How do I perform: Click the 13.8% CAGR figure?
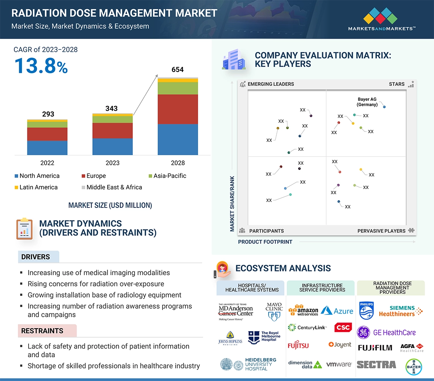pyautogui.click(x=41, y=66)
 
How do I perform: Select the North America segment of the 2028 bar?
pyautogui.click(x=178, y=139)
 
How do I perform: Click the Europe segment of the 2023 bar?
pyautogui.click(x=112, y=130)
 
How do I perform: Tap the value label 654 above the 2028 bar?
pyautogui.click(x=178, y=70)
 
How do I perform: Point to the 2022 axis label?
pyautogui.click(x=47, y=163)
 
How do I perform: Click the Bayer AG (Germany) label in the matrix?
pyautogui.click(x=367, y=102)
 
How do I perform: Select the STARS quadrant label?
pyautogui.click(x=397, y=84)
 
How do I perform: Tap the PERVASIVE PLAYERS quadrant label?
pyautogui.click(x=381, y=231)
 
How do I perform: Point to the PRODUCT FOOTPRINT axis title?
pyautogui.click(x=265, y=242)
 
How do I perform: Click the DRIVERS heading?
pyautogui.click(x=36, y=257)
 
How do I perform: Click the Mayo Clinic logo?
pyautogui.click(x=274, y=312)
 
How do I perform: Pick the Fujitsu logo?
pyautogui.click(x=298, y=345)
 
